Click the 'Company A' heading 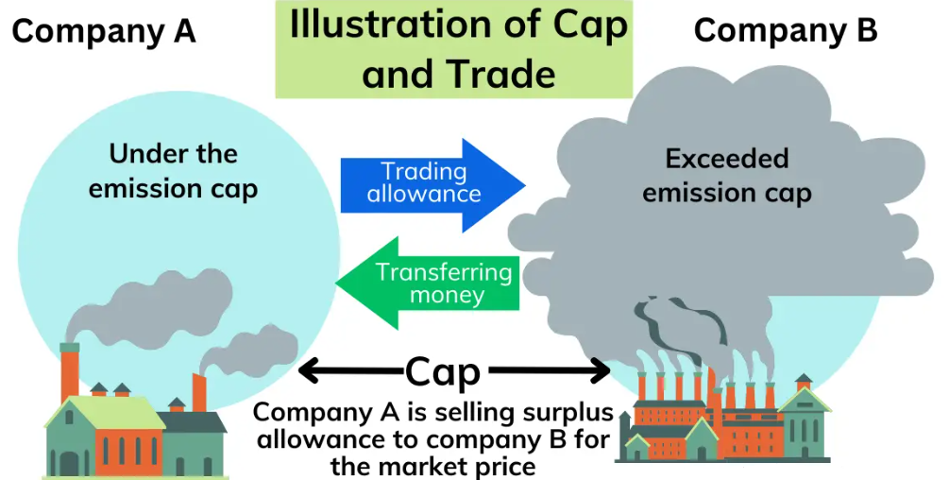[104, 32]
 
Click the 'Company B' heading [786, 30]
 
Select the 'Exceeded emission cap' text [726, 176]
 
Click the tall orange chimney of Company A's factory [70, 373]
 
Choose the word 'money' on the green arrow [447, 296]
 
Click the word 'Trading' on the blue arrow [424, 171]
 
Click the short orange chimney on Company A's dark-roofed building [199, 391]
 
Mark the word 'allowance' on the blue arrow [424, 195]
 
